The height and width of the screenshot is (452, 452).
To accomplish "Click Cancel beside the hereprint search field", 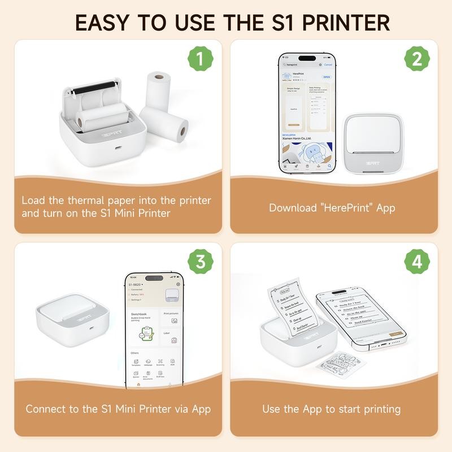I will (x=328, y=65).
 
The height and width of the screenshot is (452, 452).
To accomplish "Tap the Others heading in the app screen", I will (x=134, y=353).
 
